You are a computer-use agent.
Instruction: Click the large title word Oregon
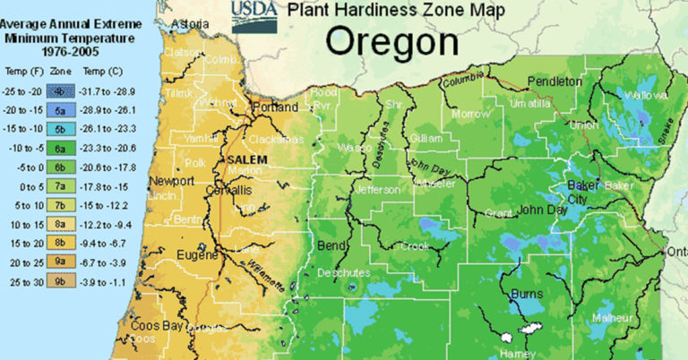click(391, 41)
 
